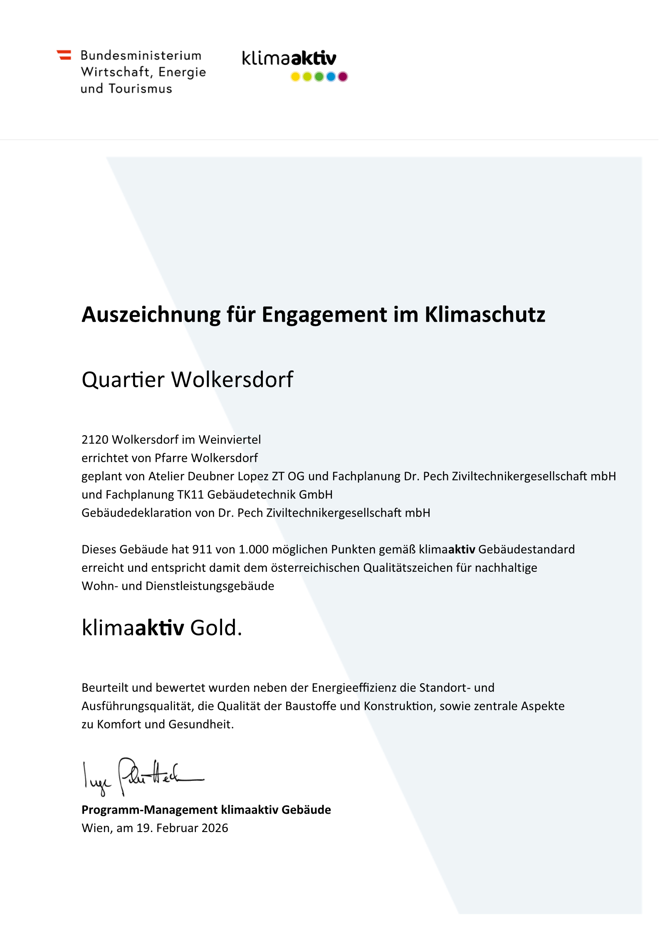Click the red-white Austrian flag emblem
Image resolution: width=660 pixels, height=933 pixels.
coord(64,55)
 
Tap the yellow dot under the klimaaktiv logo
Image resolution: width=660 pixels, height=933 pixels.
coord(295,77)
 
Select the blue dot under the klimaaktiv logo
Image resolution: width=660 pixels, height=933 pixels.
coord(331,77)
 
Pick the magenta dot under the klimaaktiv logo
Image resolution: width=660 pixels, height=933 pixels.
coord(343,77)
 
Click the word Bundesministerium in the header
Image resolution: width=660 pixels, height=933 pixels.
coord(141,56)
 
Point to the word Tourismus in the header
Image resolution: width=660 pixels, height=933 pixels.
coord(140,89)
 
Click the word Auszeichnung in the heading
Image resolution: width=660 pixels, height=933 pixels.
coord(151,315)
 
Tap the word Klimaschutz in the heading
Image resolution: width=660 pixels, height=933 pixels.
coord(484,315)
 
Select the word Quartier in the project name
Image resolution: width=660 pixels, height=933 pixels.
coord(123,380)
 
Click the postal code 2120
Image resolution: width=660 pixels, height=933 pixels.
coord(95,440)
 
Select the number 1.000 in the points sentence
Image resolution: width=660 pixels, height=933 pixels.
coord(254,549)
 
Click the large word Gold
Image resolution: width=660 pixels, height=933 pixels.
coord(216,628)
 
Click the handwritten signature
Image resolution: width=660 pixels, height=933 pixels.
coord(141,776)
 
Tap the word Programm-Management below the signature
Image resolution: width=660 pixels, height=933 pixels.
coord(150,810)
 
